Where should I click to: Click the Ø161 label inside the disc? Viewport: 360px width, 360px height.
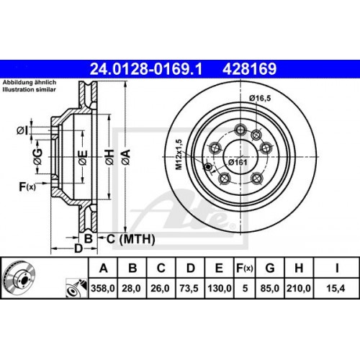coord(238,162)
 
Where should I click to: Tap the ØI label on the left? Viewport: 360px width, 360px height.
coord(22,130)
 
